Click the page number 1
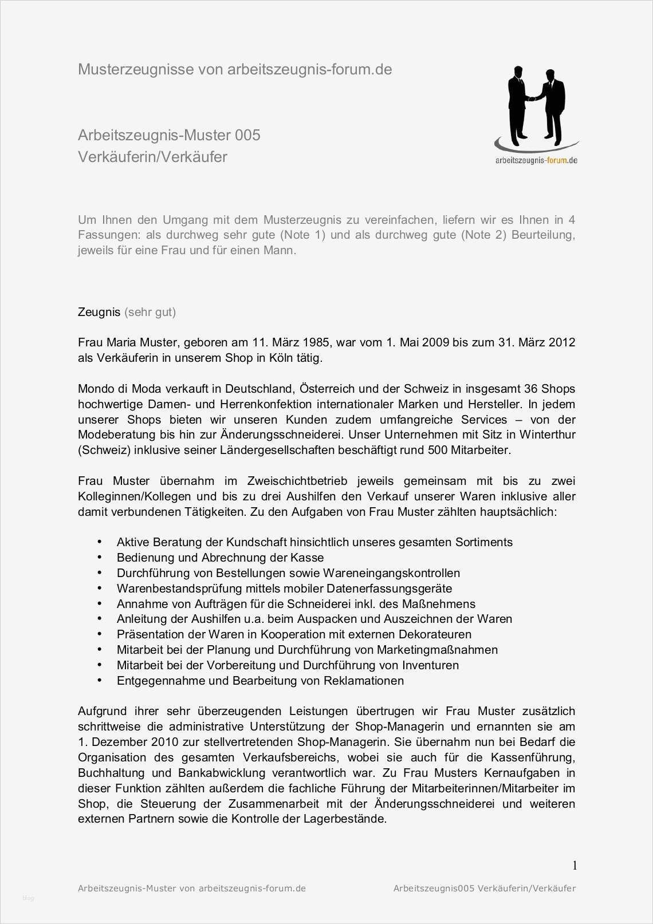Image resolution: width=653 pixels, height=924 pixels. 575,865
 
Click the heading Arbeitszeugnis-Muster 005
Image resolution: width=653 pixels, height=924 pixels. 169,135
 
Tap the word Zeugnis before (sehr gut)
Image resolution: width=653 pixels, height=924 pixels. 99,312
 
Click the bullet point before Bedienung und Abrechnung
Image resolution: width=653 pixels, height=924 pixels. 100,557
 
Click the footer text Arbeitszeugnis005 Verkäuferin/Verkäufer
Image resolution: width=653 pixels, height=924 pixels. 484,889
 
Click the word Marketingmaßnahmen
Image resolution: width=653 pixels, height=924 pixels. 437,650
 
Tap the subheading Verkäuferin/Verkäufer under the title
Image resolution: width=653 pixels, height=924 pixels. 152,157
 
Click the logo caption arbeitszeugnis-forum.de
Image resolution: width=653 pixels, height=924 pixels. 536,161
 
